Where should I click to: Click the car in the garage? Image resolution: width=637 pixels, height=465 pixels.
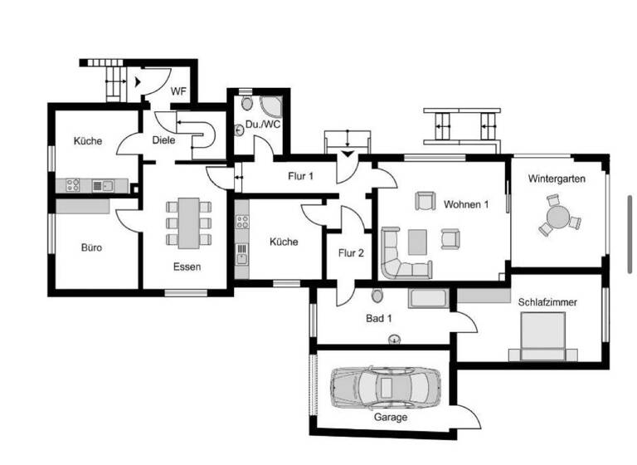click(x=383, y=385)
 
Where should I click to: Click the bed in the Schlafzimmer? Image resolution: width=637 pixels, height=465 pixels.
click(x=543, y=339)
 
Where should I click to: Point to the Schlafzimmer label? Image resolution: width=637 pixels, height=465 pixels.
click(x=547, y=302)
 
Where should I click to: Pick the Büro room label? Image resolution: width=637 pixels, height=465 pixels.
click(x=91, y=247)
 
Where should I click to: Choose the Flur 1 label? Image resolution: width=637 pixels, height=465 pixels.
click(x=300, y=175)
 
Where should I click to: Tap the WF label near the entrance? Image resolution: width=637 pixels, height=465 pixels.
click(x=178, y=91)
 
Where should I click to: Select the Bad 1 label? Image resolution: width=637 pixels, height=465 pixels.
click(x=379, y=317)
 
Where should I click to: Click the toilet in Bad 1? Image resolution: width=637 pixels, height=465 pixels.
click(x=378, y=296)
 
